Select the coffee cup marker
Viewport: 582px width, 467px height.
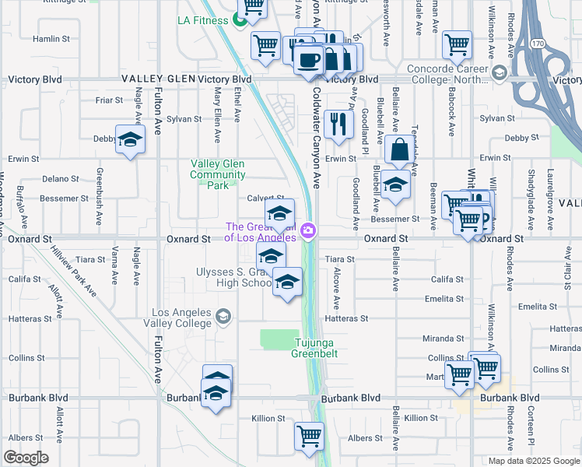(x=309, y=59)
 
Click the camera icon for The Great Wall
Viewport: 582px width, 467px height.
(x=309, y=230)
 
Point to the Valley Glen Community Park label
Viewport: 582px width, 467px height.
(x=218, y=174)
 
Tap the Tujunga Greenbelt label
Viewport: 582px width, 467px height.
(x=315, y=347)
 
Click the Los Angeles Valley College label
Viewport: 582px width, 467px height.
(x=181, y=318)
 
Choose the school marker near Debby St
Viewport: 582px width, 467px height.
(x=131, y=140)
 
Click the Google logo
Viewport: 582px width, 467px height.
(x=26, y=458)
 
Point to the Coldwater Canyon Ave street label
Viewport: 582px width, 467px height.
(x=317, y=136)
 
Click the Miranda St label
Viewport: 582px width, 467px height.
(x=444, y=339)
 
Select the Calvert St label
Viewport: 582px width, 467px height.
(x=263, y=198)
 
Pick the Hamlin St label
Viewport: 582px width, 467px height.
(x=51, y=38)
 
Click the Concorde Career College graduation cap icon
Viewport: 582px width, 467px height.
(x=499, y=74)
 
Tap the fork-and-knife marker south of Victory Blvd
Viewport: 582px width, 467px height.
(x=338, y=124)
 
